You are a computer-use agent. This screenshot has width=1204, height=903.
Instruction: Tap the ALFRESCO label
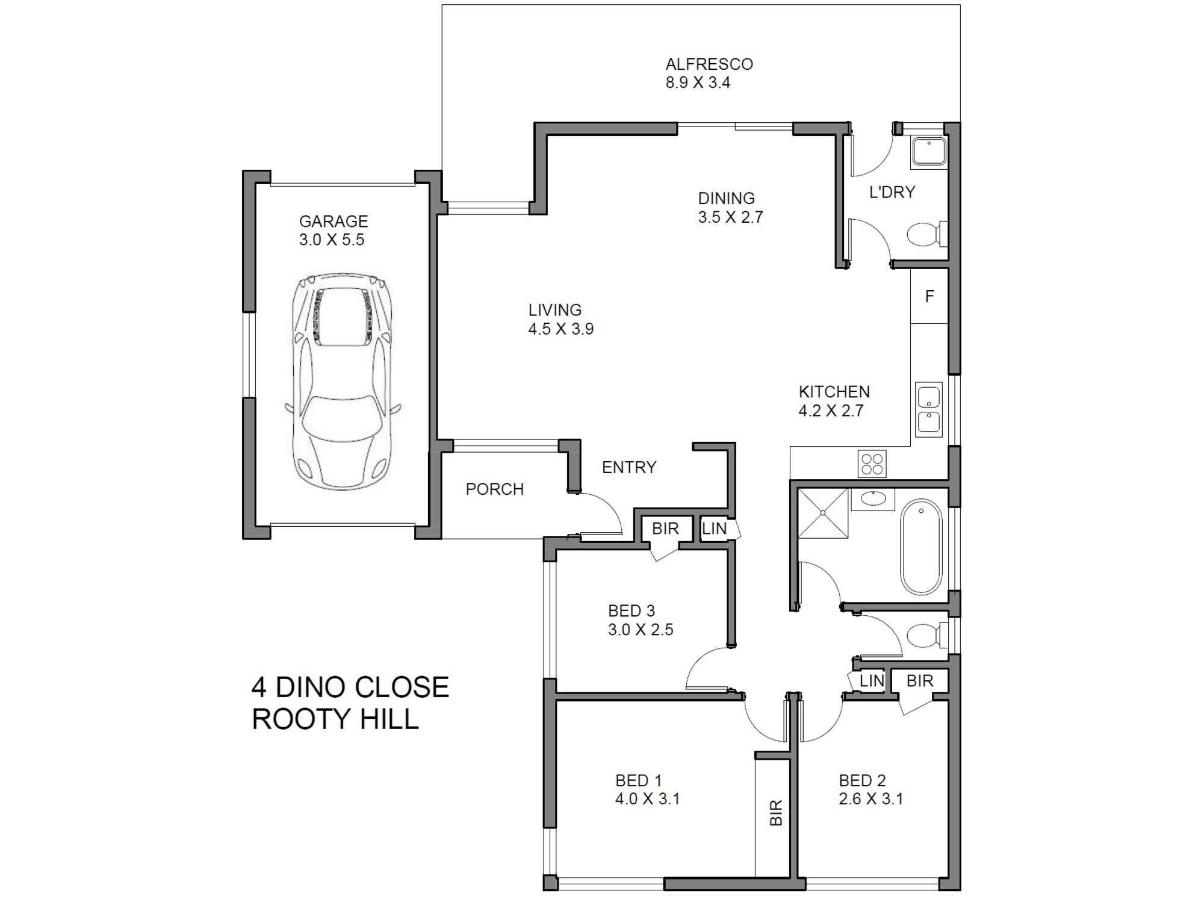pos(709,64)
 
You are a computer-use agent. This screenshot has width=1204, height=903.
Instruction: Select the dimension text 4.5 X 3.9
pos(561,329)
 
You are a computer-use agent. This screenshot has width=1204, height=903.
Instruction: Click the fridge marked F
pos(929,296)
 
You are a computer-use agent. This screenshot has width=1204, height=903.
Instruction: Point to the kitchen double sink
pos(929,409)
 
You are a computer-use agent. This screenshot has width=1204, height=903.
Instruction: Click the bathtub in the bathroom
pos(921,546)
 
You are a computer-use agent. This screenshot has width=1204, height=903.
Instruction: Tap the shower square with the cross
pos(823,513)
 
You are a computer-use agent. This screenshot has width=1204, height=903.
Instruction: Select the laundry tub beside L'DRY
pos(929,152)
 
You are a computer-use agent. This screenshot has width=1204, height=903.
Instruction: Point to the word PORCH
pos(495,489)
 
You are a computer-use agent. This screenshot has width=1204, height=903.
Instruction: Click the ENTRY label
pos(629,468)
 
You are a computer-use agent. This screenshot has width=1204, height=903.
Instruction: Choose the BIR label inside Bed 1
pos(776,812)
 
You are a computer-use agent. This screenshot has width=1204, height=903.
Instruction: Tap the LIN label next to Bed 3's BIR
pos(715,529)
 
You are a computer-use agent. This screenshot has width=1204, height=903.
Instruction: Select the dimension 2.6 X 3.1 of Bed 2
pos(870,799)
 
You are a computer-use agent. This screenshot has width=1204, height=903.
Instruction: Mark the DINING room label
pos(726,198)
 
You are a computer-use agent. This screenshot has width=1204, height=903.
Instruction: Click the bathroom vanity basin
pos(872,498)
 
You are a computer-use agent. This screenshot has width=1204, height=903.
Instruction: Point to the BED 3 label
pos(631,611)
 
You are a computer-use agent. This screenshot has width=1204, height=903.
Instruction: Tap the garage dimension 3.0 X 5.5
pos(332,240)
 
